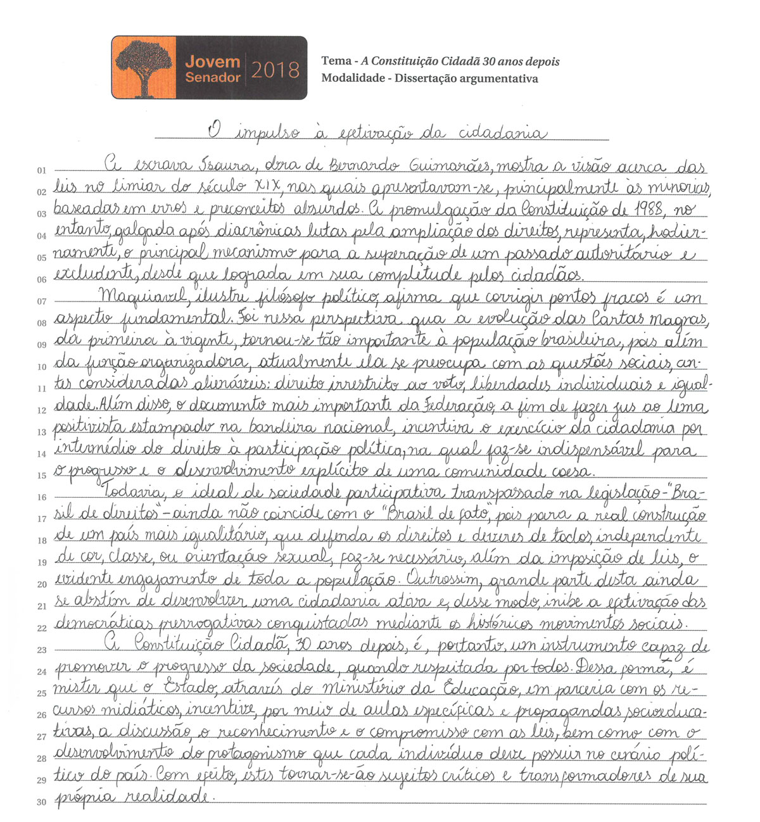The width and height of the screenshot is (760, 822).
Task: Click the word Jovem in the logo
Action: pyautogui.click(x=213, y=62)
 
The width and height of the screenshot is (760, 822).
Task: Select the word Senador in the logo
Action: pyautogui.click(x=213, y=78)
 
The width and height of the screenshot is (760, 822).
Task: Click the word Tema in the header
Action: pyautogui.click(x=336, y=61)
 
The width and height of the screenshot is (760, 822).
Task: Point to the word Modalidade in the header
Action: pyautogui.click(x=353, y=79)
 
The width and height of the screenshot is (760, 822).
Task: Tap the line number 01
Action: pyautogui.click(x=42, y=170)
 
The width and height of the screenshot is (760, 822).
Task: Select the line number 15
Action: pyautogui.click(x=42, y=476)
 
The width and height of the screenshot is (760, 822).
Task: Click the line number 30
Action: pyautogui.click(x=42, y=802)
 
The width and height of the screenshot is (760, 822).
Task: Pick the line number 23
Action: pyautogui.click(x=42, y=650)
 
